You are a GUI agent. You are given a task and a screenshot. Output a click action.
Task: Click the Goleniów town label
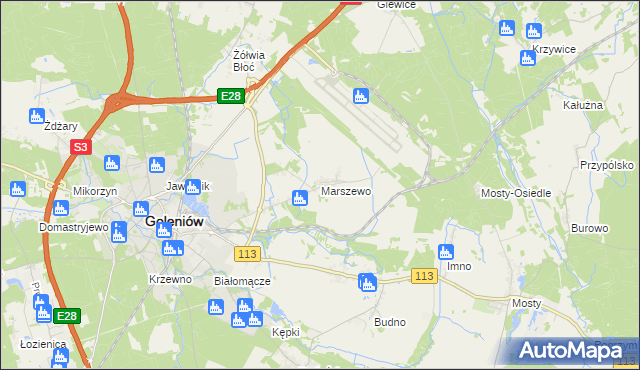(x=176, y=223)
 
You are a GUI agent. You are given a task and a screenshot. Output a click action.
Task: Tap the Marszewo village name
(x=346, y=190)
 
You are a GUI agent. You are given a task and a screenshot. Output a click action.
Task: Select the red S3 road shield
(x=81, y=147)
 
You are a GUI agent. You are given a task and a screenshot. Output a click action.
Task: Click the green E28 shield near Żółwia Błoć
(x=231, y=95)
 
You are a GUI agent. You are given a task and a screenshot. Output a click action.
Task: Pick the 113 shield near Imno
(x=424, y=276)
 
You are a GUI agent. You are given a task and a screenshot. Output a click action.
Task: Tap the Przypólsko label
(x=608, y=165)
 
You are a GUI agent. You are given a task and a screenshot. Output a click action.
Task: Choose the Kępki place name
(x=287, y=333)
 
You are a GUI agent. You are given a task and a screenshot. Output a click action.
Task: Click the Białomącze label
(x=243, y=281)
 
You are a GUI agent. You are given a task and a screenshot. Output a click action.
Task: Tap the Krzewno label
(x=170, y=279)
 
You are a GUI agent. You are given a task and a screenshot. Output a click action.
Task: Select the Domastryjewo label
(x=73, y=227)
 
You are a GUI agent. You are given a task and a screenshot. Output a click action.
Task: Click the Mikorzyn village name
(x=96, y=190)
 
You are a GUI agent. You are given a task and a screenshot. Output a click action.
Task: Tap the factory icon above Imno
(x=447, y=252)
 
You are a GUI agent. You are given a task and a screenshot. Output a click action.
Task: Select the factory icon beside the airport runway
(x=361, y=97)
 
